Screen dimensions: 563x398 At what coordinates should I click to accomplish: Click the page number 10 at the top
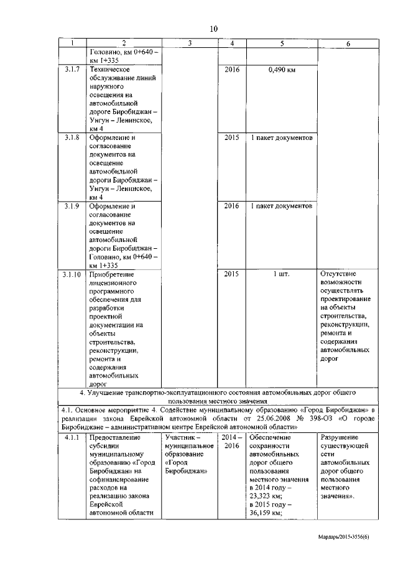(213, 29)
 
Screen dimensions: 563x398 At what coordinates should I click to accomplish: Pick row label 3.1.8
(72, 137)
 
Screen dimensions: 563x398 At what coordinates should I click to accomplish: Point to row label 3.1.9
(72, 205)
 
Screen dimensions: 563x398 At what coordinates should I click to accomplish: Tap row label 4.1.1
(72, 437)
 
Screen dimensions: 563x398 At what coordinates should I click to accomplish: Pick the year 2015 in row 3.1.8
(231, 137)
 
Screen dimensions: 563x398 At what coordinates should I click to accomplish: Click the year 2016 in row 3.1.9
(231, 205)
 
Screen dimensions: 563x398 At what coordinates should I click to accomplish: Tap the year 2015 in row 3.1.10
(231, 273)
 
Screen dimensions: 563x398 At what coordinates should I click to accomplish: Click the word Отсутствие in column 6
(341, 273)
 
